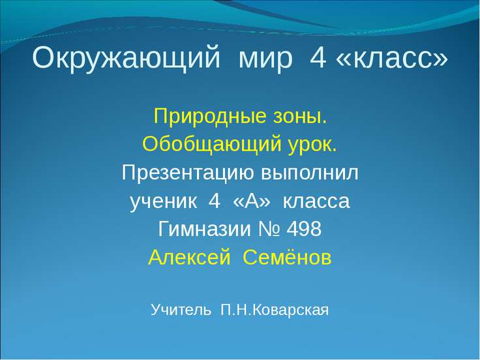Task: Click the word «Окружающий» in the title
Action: point(125,59)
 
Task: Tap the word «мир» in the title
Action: point(266,59)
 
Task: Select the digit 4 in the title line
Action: point(318,59)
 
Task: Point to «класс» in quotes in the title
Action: point(391,59)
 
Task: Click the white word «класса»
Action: point(316,202)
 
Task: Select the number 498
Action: point(305,230)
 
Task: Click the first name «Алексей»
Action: point(190,258)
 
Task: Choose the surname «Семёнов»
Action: point(287,258)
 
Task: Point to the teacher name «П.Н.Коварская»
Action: point(275,308)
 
